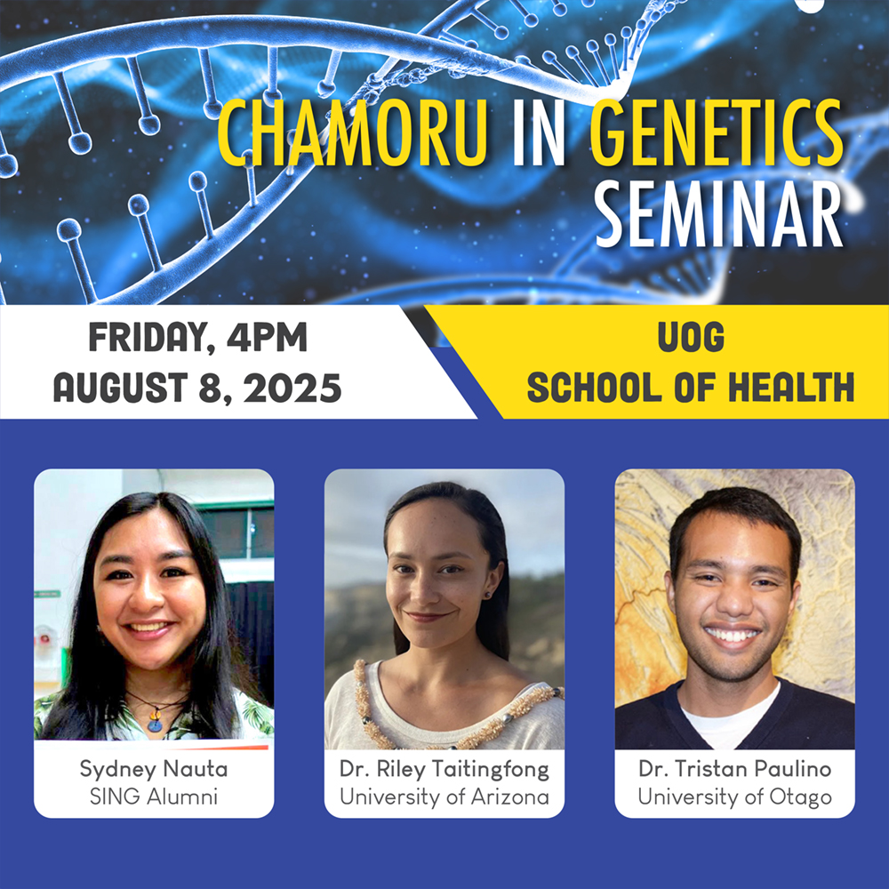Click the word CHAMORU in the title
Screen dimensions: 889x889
pyautogui.click(x=352, y=132)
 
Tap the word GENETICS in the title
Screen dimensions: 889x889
pyautogui.click(x=717, y=132)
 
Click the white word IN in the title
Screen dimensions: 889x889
pyautogui.click(x=539, y=132)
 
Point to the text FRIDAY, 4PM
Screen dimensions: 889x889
pyautogui.click(x=198, y=338)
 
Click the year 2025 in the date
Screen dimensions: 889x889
pyautogui.click(x=292, y=388)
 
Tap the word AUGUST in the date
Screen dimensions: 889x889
pyautogui.click(x=120, y=388)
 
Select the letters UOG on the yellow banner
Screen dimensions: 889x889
pyautogui.click(x=691, y=337)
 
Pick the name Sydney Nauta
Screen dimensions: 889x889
pyautogui.click(x=154, y=769)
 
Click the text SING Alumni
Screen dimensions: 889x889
pyautogui.click(x=154, y=797)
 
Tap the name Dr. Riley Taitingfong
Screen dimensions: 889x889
pyautogui.click(x=444, y=769)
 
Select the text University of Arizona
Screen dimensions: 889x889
pyautogui.click(x=444, y=797)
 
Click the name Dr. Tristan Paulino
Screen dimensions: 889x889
pyautogui.click(x=735, y=769)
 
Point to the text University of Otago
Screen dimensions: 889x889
pyautogui.click(x=735, y=797)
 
